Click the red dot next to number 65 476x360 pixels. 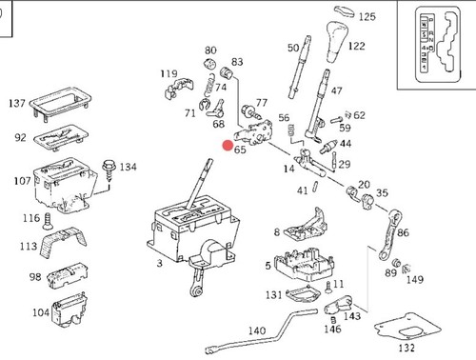[x=228, y=146]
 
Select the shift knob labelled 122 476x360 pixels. [x=337, y=42]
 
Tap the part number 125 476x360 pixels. [x=367, y=16]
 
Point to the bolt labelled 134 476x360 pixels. [x=109, y=171]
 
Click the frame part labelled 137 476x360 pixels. [x=60, y=104]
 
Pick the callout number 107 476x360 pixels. [x=22, y=181]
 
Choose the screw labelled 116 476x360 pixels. [x=48, y=221]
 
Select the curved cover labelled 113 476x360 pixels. [x=63, y=241]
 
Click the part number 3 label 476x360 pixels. [x=159, y=263]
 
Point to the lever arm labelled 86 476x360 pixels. [x=390, y=234]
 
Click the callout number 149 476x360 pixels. [x=415, y=280]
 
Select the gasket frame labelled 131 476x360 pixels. [x=303, y=295]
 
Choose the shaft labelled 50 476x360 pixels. [x=299, y=67]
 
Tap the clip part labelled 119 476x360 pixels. [x=178, y=88]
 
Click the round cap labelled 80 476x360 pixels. [x=209, y=63]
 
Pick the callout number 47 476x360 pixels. [x=336, y=90]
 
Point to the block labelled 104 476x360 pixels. [x=69, y=310]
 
